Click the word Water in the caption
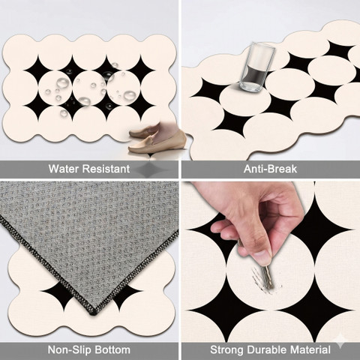coord(64,169)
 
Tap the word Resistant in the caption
coord(106,169)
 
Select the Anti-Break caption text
coord(270,169)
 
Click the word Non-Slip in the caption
coord(69,349)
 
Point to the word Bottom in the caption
coord(112,349)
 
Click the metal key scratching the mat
coord(268,276)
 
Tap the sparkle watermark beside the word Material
coord(340,343)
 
